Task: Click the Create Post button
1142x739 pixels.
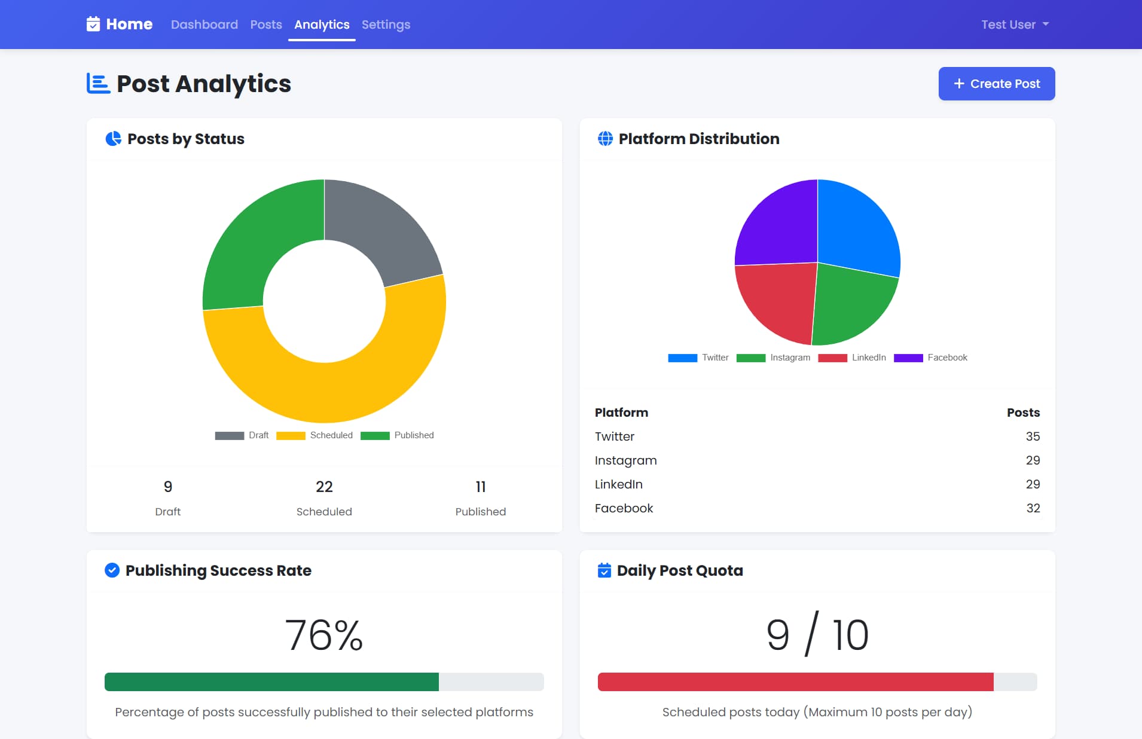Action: pos(996,84)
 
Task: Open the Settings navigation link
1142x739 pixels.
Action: pos(386,25)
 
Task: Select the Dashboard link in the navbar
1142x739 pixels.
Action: pos(204,25)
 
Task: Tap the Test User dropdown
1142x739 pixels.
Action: pos(1015,25)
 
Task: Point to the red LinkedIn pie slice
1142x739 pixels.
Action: pos(777,299)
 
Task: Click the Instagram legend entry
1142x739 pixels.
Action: pos(774,358)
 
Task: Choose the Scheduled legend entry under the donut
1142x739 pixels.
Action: pos(314,435)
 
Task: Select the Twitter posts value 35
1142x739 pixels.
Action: pos(1033,436)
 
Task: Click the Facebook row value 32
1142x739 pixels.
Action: pos(1033,508)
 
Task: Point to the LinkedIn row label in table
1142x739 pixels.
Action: pos(618,484)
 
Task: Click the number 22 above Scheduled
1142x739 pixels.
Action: pos(324,487)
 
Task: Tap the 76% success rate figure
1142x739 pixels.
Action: pos(324,635)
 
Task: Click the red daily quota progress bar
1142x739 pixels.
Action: pos(795,682)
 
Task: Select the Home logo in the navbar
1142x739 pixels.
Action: pos(120,25)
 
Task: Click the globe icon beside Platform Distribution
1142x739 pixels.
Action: pos(605,139)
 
